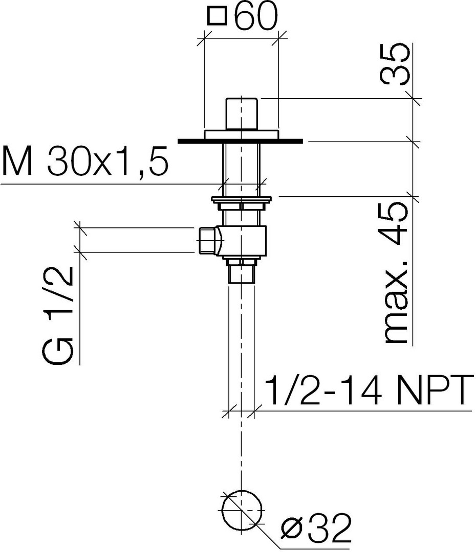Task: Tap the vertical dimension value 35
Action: click(x=395, y=64)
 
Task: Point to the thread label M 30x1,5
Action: click(x=85, y=161)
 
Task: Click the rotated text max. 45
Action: click(x=396, y=273)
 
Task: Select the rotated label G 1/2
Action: click(x=58, y=315)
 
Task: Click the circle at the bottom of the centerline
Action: click(x=242, y=510)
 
